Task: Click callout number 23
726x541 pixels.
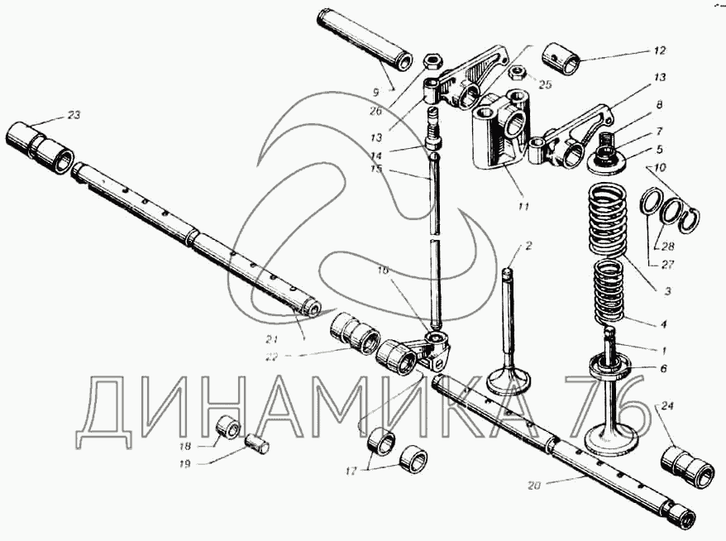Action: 74,115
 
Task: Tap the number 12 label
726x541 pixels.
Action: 658,50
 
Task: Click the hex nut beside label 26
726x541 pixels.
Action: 430,62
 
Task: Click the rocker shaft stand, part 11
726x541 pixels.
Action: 500,132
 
